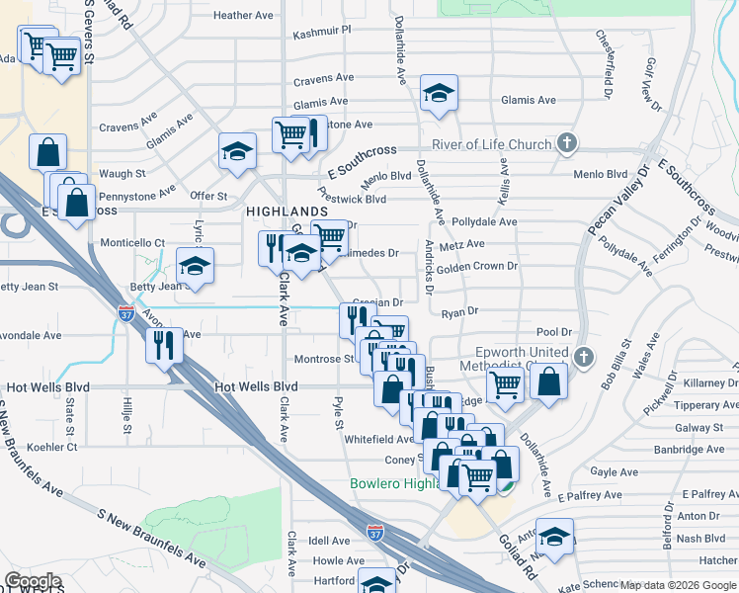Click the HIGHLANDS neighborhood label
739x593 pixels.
click(x=287, y=212)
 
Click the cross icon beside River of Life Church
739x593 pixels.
click(x=567, y=144)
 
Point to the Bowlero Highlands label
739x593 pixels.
click(x=395, y=483)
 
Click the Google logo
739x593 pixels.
click(x=33, y=581)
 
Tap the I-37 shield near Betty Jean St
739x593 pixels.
click(x=126, y=313)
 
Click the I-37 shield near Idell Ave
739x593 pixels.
click(x=375, y=532)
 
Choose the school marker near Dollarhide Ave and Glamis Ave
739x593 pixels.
click(x=438, y=93)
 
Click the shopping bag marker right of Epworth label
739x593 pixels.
click(x=549, y=381)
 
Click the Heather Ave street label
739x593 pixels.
click(x=243, y=16)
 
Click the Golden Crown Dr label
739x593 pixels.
click(x=477, y=266)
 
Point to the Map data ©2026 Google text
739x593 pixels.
click(x=678, y=585)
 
